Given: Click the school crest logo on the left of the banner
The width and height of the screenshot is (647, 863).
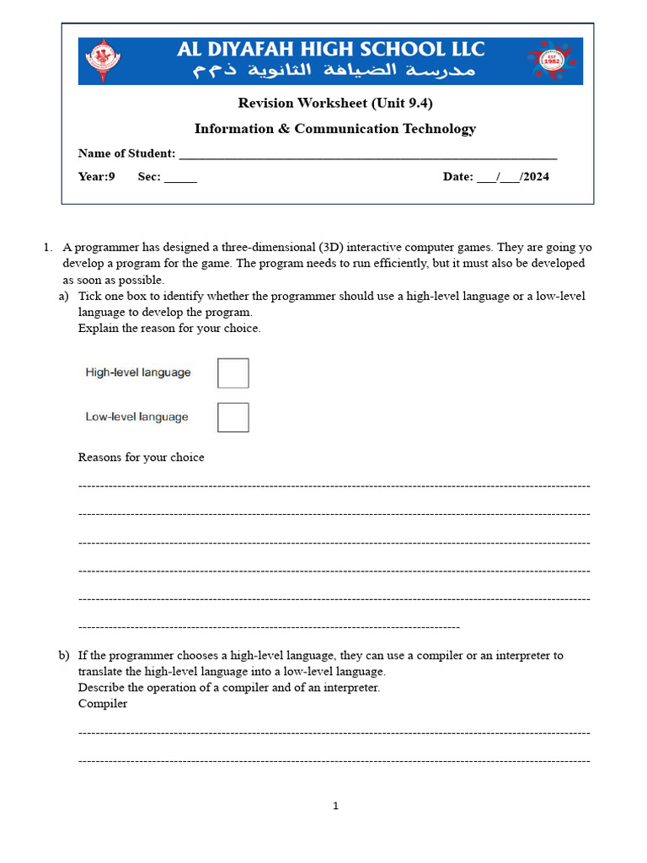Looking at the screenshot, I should tap(103, 61).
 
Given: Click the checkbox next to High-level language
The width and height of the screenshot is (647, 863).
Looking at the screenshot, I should tap(233, 373).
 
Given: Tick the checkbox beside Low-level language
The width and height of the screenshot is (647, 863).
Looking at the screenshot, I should tap(233, 417).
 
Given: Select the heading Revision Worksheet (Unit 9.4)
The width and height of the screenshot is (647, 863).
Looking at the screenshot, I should tap(334, 103).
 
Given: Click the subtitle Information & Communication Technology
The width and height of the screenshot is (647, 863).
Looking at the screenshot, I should tap(334, 129).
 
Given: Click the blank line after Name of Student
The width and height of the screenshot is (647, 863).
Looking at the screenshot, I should tap(368, 154).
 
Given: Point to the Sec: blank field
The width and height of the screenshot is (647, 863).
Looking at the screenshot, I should tap(179, 178).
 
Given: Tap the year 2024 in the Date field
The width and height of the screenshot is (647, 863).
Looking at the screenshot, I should tap(536, 177).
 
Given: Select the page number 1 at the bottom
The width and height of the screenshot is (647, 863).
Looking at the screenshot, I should tap(335, 806).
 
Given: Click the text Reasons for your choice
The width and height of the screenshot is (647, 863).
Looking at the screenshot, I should tap(141, 458).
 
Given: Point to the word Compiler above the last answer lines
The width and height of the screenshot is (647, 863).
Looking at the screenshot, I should tap(103, 704).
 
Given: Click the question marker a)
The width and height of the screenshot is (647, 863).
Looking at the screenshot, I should tap(63, 297).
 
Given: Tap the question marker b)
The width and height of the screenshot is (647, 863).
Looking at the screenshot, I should tap(63, 656).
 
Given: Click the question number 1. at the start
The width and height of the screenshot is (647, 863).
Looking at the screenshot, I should tap(48, 248).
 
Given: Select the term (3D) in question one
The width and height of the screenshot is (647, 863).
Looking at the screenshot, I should tap(330, 248).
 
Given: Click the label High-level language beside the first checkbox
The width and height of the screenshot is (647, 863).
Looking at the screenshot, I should tap(138, 373).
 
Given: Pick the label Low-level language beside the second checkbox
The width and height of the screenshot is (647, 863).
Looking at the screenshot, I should tap(136, 417).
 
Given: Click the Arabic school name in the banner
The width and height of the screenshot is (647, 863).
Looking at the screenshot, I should tap(334, 72).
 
